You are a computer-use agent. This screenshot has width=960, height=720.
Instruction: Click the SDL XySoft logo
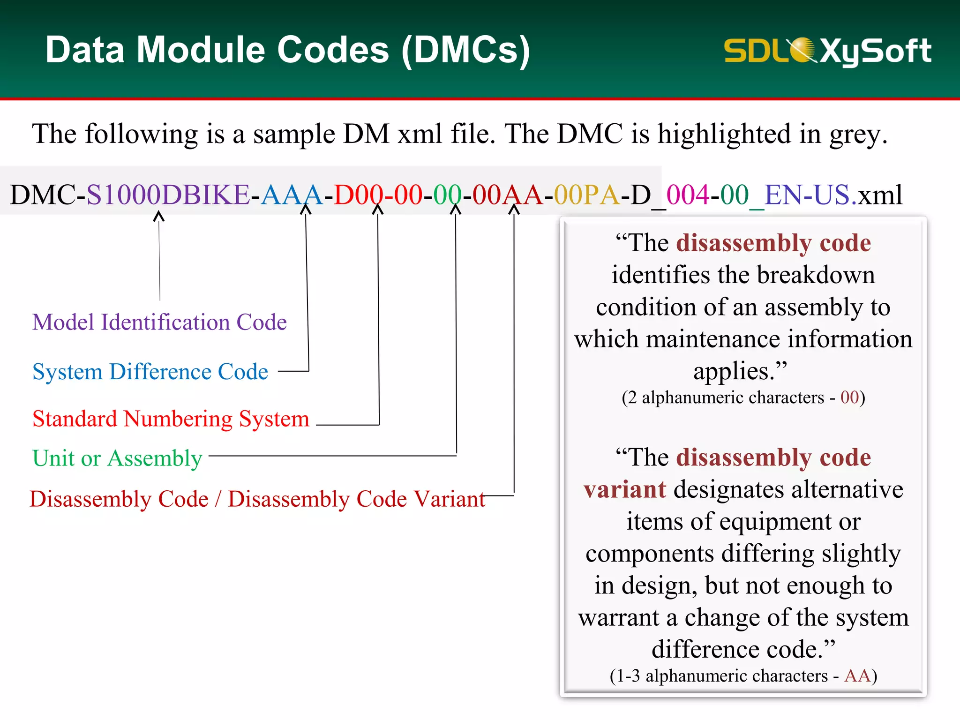tap(827, 51)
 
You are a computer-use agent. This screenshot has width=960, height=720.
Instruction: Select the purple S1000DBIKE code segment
tap(168, 195)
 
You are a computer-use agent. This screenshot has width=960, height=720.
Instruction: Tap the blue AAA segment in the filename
tap(291, 195)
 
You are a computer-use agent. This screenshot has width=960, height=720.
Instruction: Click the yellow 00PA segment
tap(586, 195)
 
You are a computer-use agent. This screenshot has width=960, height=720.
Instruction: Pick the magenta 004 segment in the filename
tap(688, 195)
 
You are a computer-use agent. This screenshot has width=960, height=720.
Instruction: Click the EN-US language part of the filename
tap(807, 195)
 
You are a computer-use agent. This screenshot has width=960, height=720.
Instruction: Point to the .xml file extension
tap(877, 195)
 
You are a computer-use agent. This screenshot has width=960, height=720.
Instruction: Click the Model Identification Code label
tap(159, 322)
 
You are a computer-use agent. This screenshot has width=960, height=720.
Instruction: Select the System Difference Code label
tap(150, 372)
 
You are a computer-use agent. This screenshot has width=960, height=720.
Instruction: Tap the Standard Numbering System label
tap(171, 419)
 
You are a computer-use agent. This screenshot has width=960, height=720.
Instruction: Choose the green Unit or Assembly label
tap(117, 458)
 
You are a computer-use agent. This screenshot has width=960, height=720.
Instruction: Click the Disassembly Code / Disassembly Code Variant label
tap(257, 499)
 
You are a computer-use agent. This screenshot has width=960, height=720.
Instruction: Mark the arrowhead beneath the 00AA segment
tap(514, 210)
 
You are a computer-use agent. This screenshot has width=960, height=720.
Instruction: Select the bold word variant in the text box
tap(624, 489)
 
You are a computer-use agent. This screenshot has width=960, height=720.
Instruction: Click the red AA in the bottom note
tap(857, 675)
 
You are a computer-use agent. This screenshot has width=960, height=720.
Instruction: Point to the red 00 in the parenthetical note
tap(849, 397)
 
